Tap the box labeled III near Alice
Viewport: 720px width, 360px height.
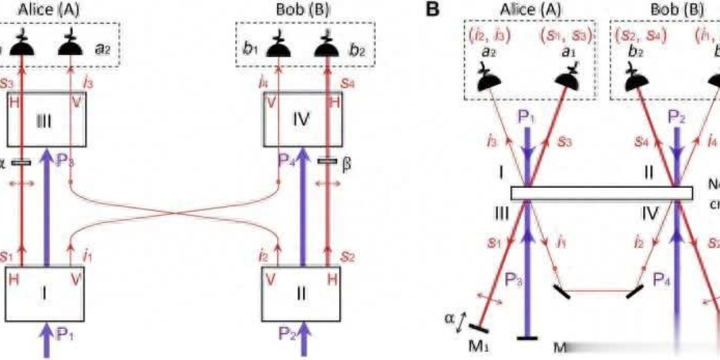(47, 120)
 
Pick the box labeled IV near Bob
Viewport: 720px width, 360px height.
(302, 120)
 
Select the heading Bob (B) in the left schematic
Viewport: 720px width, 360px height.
(305, 8)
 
